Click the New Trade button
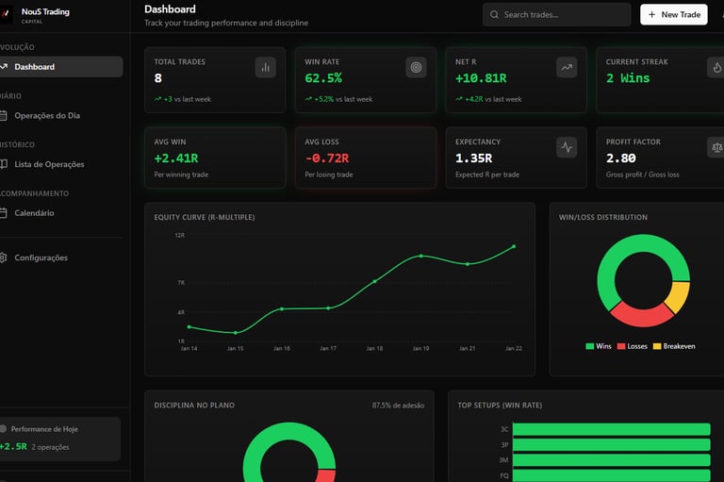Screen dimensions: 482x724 click(x=673, y=14)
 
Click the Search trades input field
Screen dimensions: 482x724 click(x=556, y=14)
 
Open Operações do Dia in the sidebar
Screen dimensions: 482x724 click(x=60, y=116)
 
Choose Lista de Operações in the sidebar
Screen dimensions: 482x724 click(x=49, y=164)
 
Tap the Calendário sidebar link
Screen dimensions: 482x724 click(x=34, y=213)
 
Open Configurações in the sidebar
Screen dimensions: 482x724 click(x=41, y=258)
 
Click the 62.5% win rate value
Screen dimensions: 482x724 click(x=323, y=78)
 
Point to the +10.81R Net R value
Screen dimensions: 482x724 click(x=481, y=78)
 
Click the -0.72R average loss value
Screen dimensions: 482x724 click(x=326, y=158)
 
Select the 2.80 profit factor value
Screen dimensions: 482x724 click(x=620, y=158)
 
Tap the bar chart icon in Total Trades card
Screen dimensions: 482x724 click(x=265, y=67)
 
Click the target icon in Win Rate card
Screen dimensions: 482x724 click(x=416, y=67)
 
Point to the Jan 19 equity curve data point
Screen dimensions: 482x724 click(x=421, y=256)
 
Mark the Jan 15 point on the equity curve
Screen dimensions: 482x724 click(x=236, y=332)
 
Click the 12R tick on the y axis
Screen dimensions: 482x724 click(x=179, y=235)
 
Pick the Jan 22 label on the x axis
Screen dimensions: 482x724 click(x=513, y=348)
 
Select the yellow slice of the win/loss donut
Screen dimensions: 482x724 click(x=677, y=296)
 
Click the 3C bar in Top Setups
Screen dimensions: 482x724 click(x=610, y=429)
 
